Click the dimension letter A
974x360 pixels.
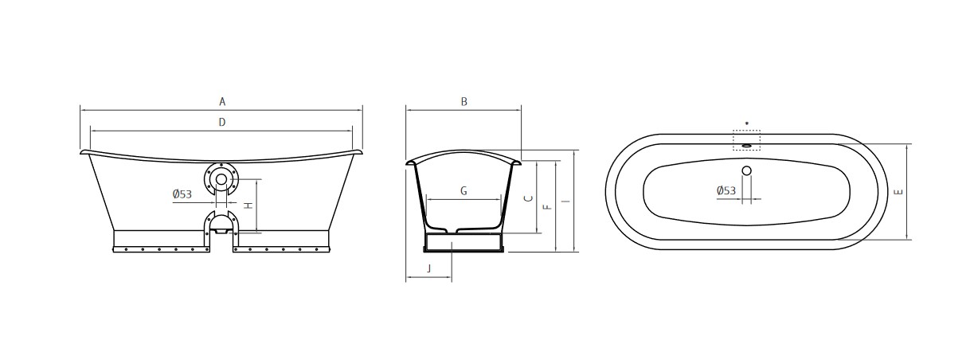222,102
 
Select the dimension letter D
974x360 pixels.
222,122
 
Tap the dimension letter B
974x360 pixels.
464,102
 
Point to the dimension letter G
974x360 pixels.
464,191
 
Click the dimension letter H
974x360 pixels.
248,205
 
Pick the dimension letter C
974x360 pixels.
529,198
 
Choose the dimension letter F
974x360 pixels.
548,207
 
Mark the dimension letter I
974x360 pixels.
565,202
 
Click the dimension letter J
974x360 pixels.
429,268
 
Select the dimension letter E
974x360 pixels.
900,192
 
